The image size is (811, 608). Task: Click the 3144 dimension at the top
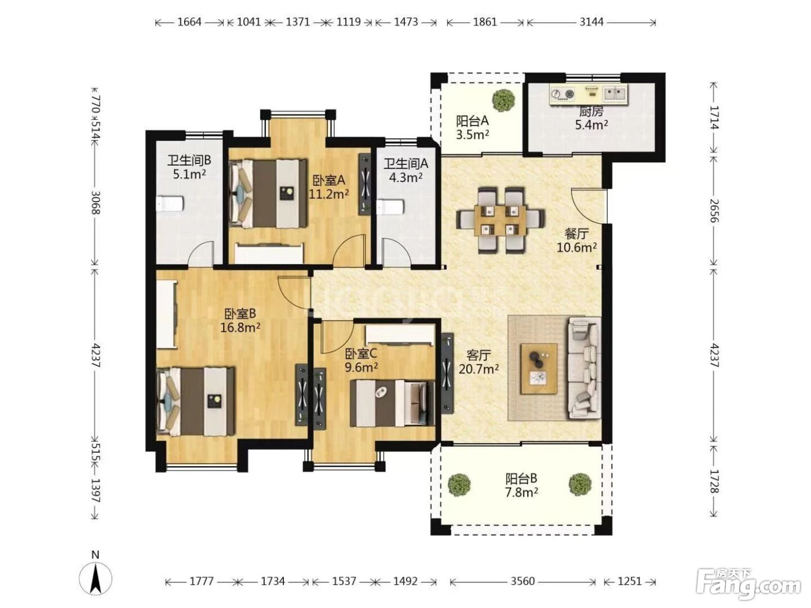tap(591, 22)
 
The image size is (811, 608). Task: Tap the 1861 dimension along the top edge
tap(485, 22)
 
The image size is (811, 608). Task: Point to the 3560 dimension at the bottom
tap(523, 581)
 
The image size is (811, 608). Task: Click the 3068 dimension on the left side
tap(96, 202)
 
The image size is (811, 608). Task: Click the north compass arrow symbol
tap(96, 580)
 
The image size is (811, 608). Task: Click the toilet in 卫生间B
tap(170, 204)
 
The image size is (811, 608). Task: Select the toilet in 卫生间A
tap(391, 207)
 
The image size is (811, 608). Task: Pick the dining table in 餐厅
tap(501, 221)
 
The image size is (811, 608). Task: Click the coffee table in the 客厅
tap(539, 369)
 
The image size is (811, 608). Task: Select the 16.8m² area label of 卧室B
tap(240, 327)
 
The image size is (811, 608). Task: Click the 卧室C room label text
tap(361, 354)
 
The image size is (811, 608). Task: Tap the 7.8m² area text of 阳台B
tap(521, 492)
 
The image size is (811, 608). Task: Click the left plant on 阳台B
tap(459, 485)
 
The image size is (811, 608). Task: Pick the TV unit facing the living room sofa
tap(447, 373)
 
